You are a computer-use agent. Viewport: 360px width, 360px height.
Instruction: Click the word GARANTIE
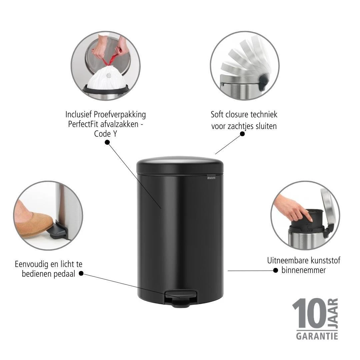point(317,335)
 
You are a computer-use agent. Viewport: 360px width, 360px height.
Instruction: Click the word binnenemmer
point(303,270)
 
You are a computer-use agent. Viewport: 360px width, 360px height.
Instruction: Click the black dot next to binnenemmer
point(276,270)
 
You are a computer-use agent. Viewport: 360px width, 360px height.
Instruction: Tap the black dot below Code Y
point(107,142)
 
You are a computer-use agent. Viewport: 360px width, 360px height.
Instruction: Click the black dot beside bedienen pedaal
point(81,274)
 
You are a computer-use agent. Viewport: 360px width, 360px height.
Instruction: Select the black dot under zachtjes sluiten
point(242,134)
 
